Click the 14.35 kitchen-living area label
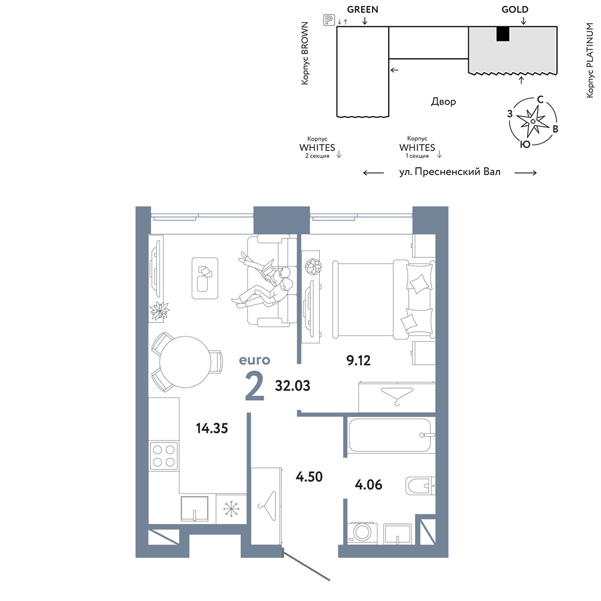coord(212,428)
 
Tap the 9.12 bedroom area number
coord(358,360)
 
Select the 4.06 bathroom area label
coord(368,484)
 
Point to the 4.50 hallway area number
coord(310,477)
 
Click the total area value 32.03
coord(293,386)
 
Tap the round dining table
coord(185,362)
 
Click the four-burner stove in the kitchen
coord(163,456)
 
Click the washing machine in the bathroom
coord(362,532)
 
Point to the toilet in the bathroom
coord(420,486)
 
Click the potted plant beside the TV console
coord(159,311)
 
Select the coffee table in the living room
coord(205,278)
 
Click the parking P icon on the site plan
coord(329,20)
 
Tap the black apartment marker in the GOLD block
coord(503,34)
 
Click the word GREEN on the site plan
coord(362,10)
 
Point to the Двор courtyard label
coord(444,102)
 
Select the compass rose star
coord(532,121)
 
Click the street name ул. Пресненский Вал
coord(450,172)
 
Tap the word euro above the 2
coord(254,360)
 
